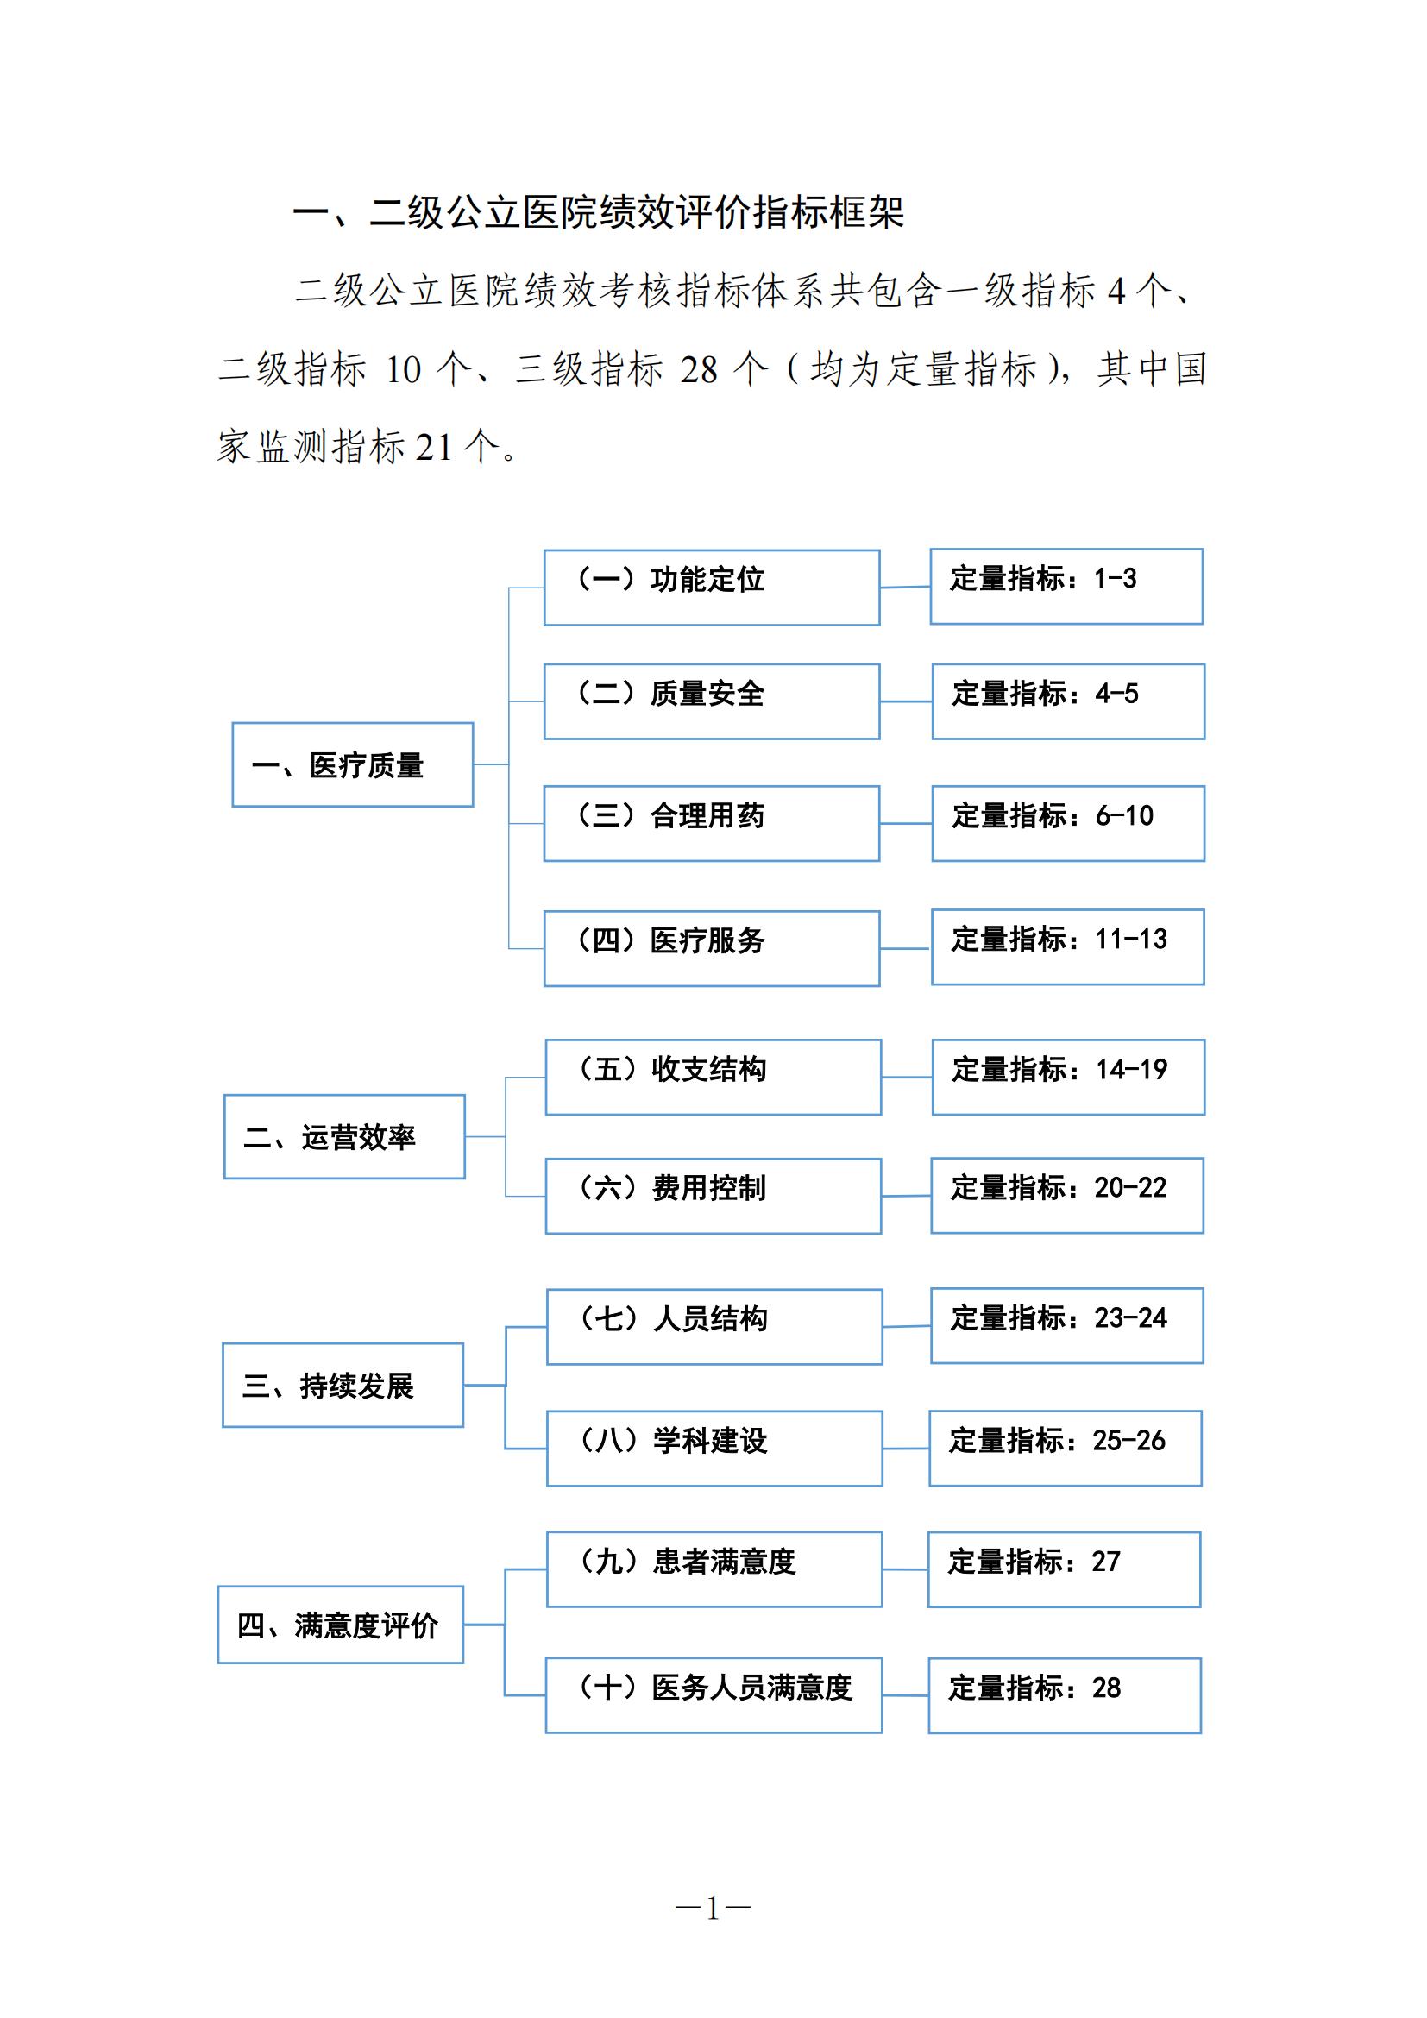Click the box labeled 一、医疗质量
352,764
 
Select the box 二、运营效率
344,1136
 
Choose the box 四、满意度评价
340,1625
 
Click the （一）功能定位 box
712,588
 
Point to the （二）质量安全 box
712,701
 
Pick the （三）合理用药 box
712,824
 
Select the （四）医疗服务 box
712,948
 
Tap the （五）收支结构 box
713,1077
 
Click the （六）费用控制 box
713,1195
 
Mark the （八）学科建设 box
714,1449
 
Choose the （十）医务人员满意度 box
713,1695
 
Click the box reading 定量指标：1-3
1066,586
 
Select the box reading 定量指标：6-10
1068,824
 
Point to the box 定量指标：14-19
1068,1077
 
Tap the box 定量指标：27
1064,1569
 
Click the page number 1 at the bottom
713,1908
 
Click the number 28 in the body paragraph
700,370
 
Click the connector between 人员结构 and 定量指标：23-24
907,1326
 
